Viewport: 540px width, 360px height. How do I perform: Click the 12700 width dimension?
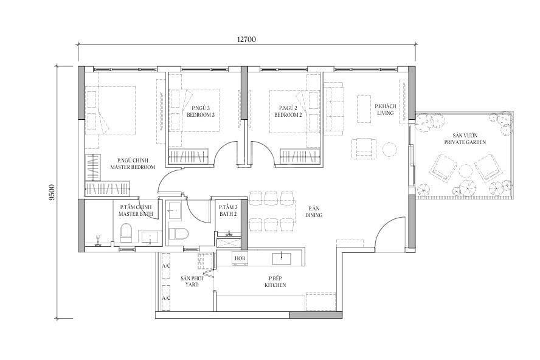pos(246,40)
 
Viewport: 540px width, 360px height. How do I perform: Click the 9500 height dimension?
pos(52,193)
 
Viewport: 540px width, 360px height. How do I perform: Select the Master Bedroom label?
pos(133,164)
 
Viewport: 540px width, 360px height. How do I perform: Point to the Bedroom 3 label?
pos(201,111)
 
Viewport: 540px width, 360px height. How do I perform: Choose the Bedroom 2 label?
pos(288,111)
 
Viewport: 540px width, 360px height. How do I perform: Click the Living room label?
pos(386,109)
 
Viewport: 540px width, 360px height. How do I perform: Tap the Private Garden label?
pos(465,139)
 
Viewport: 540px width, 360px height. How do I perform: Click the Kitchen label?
pos(275,282)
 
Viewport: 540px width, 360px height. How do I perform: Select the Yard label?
pos(192,282)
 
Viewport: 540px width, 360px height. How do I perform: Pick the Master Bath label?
pos(136,210)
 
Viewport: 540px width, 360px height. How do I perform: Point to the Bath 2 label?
pos(228,210)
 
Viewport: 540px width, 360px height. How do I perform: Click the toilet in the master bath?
pos(126,234)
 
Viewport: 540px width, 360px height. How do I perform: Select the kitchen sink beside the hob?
pos(282,258)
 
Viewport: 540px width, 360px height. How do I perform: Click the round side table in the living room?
pos(390,150)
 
